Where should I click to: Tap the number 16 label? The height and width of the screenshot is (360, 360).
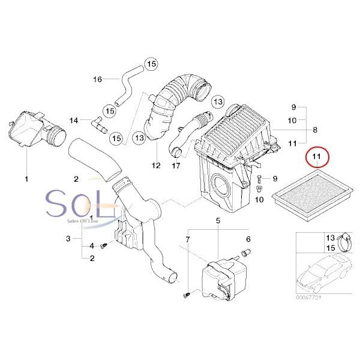coord(98,79)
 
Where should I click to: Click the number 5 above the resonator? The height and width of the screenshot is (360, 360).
coord(218,221)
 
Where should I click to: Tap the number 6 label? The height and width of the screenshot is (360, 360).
coord(248,239)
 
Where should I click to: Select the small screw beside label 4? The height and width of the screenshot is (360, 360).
coord(103,245)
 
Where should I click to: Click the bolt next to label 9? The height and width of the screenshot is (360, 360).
coord(259,179)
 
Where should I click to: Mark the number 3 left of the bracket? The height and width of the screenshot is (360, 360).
coord(68,239)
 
